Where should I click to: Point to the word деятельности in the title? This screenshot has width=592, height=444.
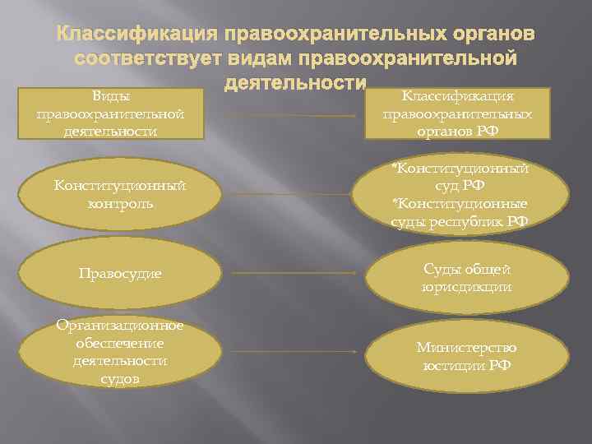[295, 83]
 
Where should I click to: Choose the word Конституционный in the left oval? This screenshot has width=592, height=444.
[120, 186]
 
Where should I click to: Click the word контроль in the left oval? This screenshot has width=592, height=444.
[120, 202]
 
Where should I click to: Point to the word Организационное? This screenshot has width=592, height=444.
[120, 326]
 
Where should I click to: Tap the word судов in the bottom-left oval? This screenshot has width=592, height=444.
[120, 378]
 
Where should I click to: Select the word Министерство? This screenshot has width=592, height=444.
[466, 348]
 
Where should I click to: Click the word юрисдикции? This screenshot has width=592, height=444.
[466, 287]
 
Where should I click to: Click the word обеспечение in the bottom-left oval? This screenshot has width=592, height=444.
[120, 343]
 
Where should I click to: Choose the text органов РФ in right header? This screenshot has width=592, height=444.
[467, 131]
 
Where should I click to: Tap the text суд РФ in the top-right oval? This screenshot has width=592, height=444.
[466, 186]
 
